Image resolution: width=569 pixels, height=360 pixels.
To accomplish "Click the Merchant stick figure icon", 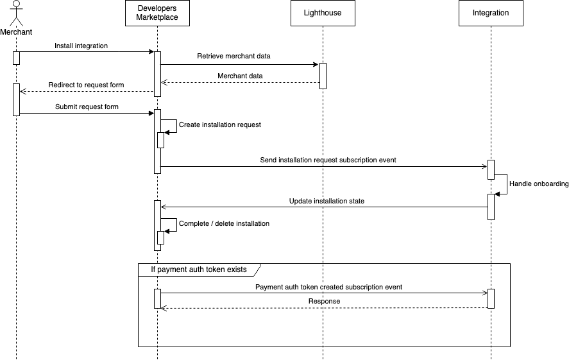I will click(16, 14).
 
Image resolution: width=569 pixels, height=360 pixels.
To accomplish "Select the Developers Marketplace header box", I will click(157, 13).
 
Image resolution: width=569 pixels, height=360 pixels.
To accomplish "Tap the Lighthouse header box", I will click(323, 13).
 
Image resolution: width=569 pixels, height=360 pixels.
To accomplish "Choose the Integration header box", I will click(490, 13).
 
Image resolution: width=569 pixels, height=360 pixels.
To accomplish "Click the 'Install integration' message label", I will click(81, 46).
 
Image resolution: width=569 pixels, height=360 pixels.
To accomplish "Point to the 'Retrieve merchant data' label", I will click(234, 56).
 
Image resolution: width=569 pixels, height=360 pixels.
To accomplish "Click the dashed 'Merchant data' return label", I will click(240, 76).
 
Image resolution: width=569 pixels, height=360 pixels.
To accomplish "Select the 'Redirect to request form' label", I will click(86, 85).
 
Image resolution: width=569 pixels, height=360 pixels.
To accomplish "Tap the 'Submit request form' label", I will click(86, 107).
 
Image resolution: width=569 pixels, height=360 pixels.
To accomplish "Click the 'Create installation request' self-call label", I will click(219, 125).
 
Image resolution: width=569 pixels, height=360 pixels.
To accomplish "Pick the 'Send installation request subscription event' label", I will click(324, 160).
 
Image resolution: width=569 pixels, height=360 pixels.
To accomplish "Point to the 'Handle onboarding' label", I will click(539, 184).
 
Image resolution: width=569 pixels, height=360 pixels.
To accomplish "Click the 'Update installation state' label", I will click(326, 201).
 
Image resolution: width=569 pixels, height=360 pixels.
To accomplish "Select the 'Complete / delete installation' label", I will click(224, 224).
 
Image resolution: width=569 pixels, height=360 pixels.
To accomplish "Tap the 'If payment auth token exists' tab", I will click(198, 270).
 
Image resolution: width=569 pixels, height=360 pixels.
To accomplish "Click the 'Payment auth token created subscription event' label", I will click(328, 287).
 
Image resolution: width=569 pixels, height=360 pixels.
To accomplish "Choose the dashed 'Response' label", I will click(324, 301).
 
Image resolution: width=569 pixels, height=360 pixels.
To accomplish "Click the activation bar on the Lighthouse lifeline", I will click(323, 76).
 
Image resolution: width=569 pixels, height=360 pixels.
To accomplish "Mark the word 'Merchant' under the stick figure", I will click(16, 31).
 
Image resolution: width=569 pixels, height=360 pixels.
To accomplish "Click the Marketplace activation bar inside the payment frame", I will click(157, 298).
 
